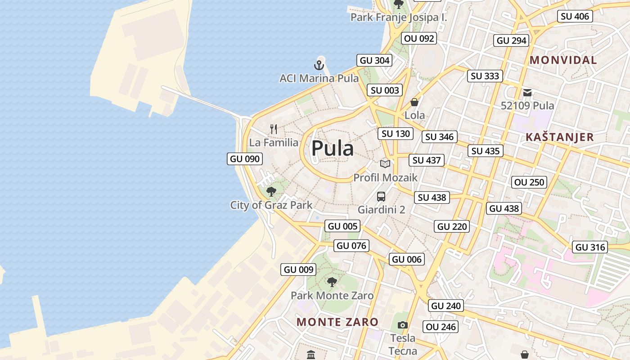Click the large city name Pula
pos(333,148)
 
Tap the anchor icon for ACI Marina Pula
pos(319,66)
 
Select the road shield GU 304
pos(374,60)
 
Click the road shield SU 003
pos(385,90)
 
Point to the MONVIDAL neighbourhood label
pos(563,60)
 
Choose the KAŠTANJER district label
pos(559,137)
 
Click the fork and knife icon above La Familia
pos(274,129)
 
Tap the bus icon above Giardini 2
pos(381,197)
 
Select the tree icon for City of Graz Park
pos(271,192)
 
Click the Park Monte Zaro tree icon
pos(332,283)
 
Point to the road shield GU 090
pos(245,158)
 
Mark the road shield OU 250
pos(530,182)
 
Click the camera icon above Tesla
pos(403,325)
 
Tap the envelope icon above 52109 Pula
pos(527,93)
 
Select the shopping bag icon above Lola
pos(414,102)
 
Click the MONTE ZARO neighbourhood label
pos(337,322)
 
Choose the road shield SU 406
pos(575,17)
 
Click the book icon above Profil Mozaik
pos(385,164)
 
